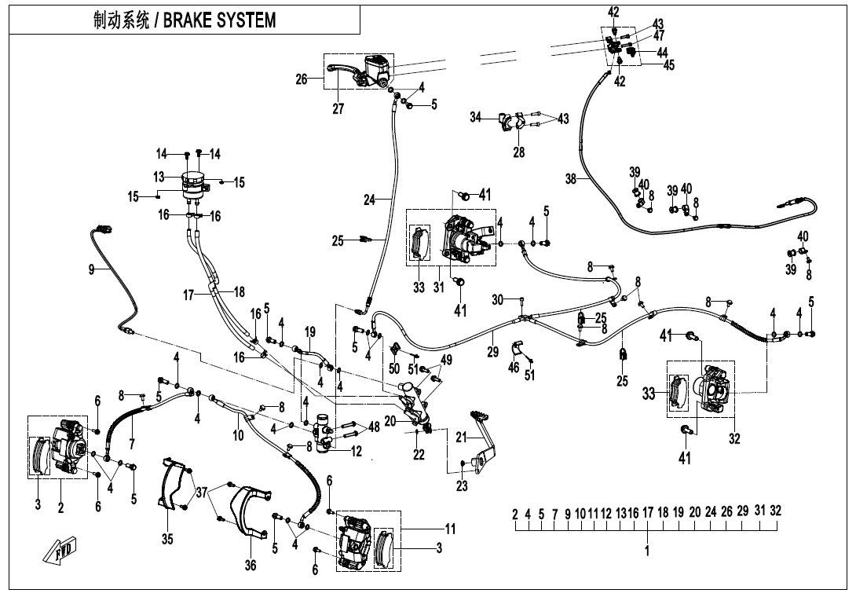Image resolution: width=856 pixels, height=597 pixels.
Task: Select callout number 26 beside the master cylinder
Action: point(302,79)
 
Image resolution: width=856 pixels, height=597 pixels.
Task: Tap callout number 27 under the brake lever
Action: point(338,109)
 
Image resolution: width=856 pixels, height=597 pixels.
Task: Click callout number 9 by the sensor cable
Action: point(92,269)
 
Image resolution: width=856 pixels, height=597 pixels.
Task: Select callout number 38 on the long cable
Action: point(572,179)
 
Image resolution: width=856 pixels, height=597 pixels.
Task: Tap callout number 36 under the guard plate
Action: point(251,565)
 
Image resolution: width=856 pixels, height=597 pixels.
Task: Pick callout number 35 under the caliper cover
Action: point(168,540)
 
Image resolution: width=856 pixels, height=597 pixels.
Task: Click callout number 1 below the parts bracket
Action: point(647,551)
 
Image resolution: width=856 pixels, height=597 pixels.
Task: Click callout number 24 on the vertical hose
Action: point(370,200)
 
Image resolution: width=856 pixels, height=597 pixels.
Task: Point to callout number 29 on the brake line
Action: point(493,353)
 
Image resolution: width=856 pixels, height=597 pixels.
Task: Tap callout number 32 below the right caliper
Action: point(734,439)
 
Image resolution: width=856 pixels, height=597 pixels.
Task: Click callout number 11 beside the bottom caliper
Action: point(450,529)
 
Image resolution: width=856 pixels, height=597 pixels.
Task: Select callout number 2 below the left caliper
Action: point(60,507)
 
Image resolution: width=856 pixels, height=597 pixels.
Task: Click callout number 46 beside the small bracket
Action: point(514,367)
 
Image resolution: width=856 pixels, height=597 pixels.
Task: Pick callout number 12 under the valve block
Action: point(356,451)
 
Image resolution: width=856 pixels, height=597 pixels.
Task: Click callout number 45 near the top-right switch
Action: point(668,65)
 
